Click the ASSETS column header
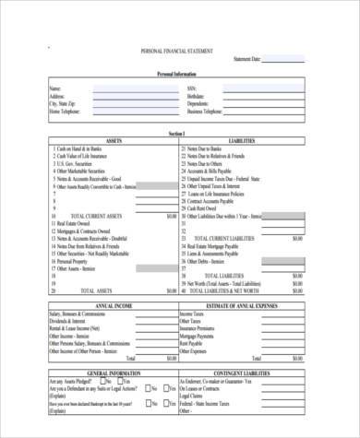tap(114, 140)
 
